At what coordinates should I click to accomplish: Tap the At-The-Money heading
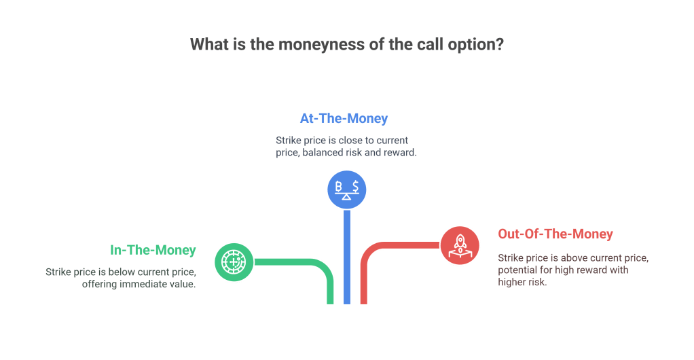tap(344, 119)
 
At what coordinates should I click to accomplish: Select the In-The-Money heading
tap(153, 250)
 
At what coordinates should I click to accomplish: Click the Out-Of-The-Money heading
tap(555, 234)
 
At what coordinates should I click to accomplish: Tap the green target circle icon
tap(233, 262)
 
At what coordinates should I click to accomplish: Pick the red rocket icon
tap(460, 245)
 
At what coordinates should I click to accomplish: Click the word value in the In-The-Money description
tap(183, 284)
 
